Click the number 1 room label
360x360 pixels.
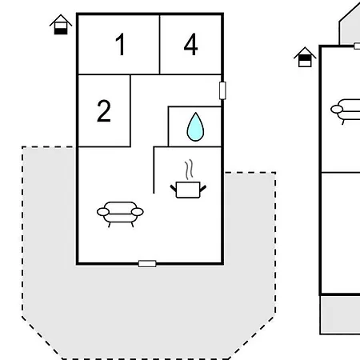pyautogui.click(x=120, y=44)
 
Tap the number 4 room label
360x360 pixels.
pyautogui.click(x=191, y=44)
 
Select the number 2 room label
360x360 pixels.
pyautogui.click(x=104, y=110)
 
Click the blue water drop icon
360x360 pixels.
pyautogui.click(x=195, y=127)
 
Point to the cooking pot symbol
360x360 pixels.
pyautogui.click(x=188, y=190)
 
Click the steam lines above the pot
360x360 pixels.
pyautogui.click(x=189, y=170)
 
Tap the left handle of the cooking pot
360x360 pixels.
pyautogui.click(x=174, y=188)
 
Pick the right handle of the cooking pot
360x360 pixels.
pyautogui.click(x=203, y=188)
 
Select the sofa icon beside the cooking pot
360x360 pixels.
pyautogui.click(x=120, y=214)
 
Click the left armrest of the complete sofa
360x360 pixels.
pyautogui.click(x=103, y=212)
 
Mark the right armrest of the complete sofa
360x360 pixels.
pyautogui.click(x=138, y=212)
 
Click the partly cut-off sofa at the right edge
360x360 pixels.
pyautogui.click(x=346, y=111)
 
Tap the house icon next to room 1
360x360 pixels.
pyautogui.click(x=61, y=25)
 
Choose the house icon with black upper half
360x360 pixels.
pyautogui.click(x=305, y=57)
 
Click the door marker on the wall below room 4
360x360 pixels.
pyautogui.click(x=222, y=90)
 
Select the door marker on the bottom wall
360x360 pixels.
pyautogui.click(x=147, y=264)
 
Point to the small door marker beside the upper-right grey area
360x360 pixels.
pyautogui.click(x=357, y=46)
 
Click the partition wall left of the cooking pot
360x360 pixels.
pyautogui.click(x=154, y=170)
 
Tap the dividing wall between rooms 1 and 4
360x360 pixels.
pyautogui.click(x=159, y=44)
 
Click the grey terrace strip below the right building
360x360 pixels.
pyautogui.click(x=340, y=314)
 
